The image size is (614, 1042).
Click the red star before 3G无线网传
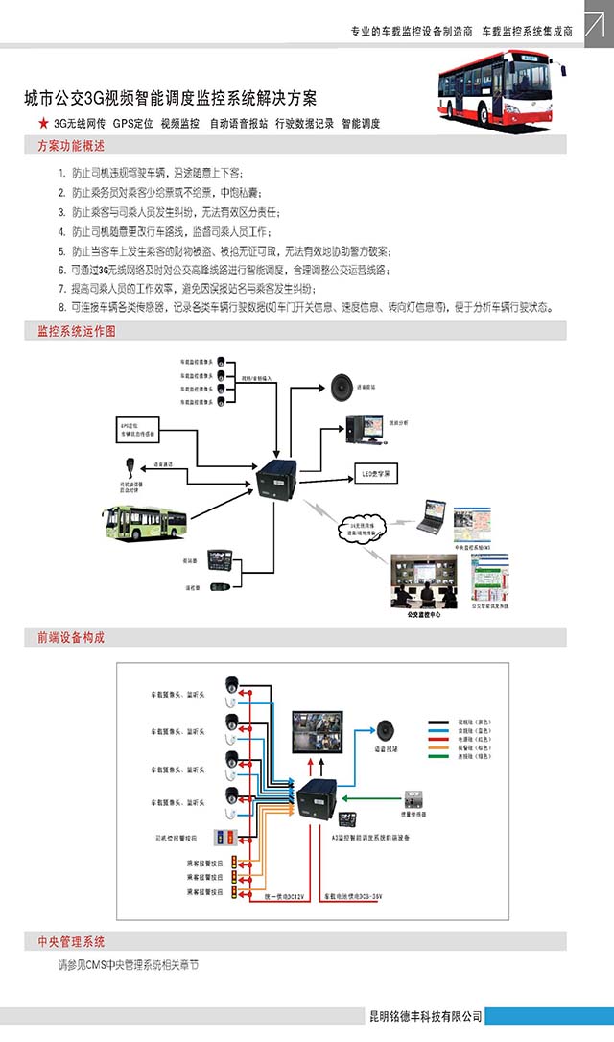[42, 123]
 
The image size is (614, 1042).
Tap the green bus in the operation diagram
[144, 522]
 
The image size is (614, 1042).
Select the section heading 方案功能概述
[71, 146]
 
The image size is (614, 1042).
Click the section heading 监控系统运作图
[77, 331]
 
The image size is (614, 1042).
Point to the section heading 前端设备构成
[71, 637]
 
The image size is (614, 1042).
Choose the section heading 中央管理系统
[71, 941]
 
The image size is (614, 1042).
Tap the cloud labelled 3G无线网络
[363, 526]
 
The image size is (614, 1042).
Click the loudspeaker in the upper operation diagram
[342, 387]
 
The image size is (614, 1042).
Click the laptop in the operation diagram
[432, 514]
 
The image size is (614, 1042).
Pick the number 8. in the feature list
[62, 307]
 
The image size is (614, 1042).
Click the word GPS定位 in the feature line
[132, 124]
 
